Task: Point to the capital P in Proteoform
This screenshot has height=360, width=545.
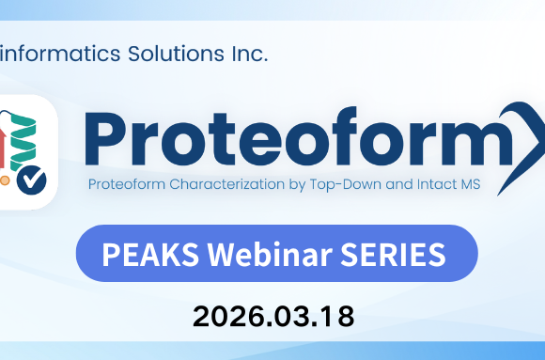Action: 106,137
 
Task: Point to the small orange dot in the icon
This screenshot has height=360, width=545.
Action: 5,176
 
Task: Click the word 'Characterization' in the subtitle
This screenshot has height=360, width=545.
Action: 218,184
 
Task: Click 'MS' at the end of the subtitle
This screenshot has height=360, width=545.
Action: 470,184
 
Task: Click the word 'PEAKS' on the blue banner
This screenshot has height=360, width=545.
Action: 133,254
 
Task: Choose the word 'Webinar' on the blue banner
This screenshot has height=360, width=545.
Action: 243,254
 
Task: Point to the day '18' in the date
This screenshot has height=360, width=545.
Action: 337,317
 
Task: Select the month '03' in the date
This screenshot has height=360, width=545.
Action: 290,317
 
